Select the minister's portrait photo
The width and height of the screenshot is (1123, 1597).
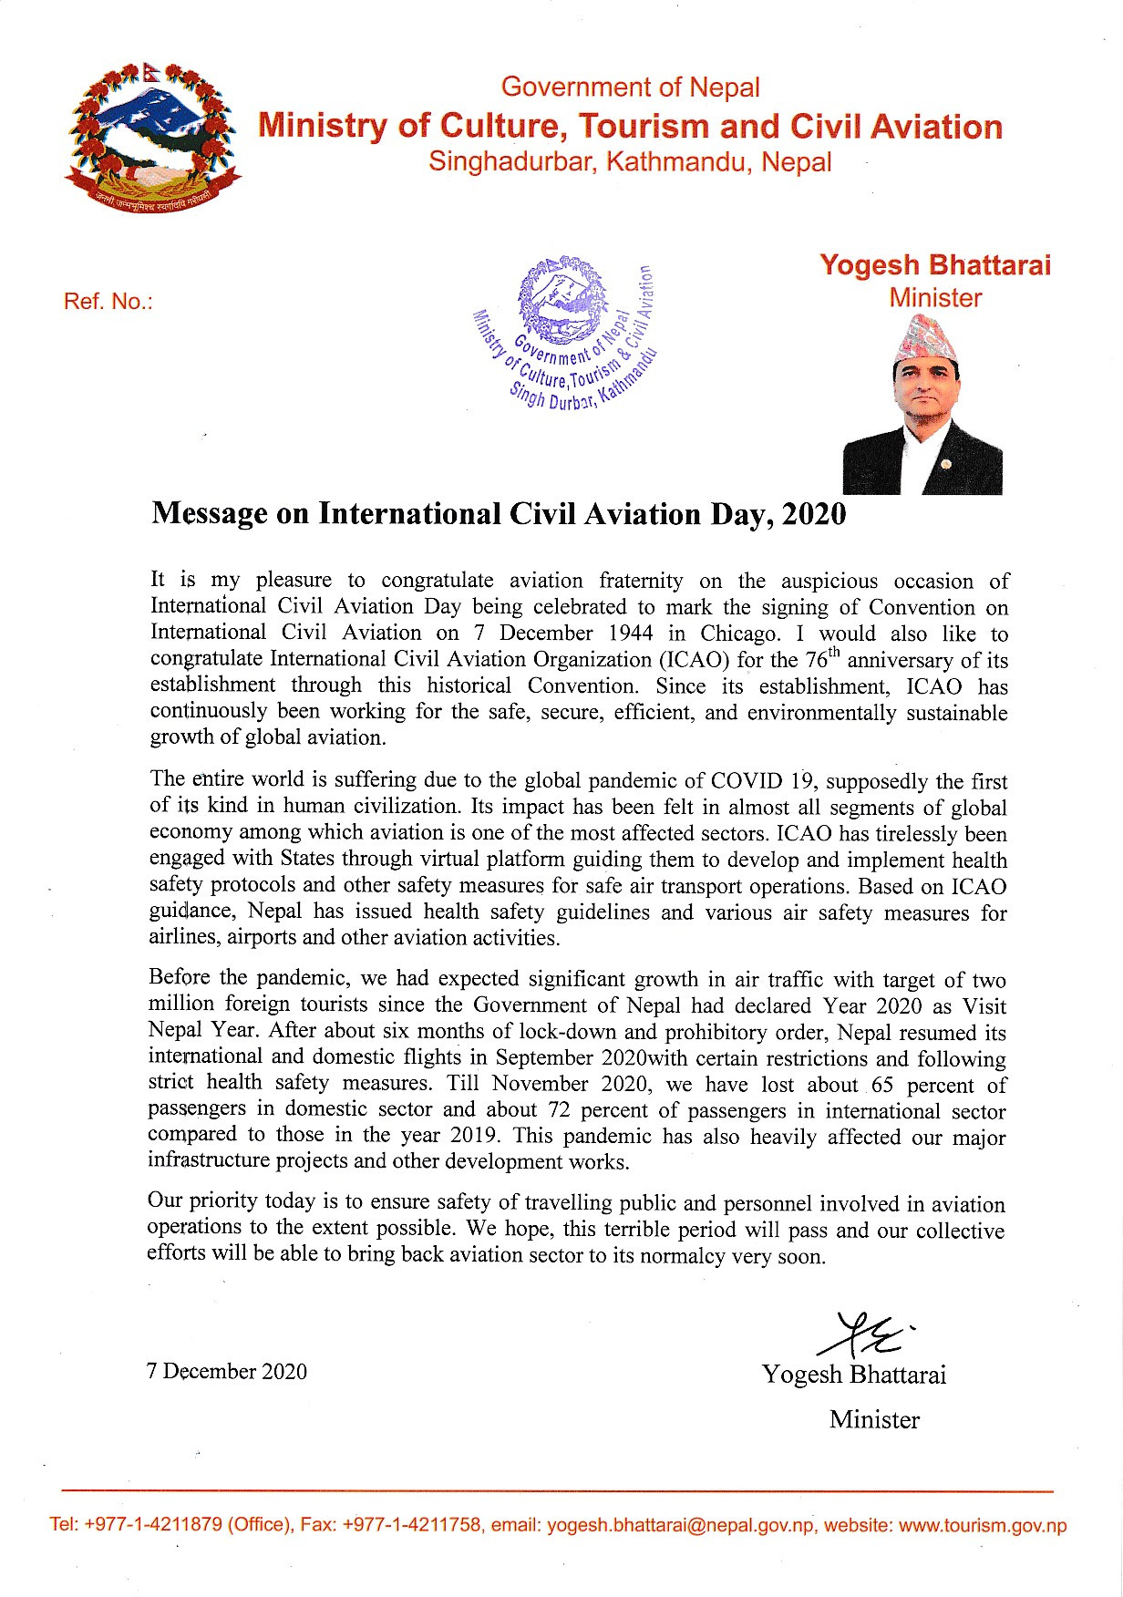click(x=922, y=407)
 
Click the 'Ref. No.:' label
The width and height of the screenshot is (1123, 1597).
click(x=108, y=302)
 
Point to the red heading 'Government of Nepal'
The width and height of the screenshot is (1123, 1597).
click(x=630, y=88)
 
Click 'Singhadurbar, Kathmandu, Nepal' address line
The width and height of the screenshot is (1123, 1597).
click(x=630, y=162)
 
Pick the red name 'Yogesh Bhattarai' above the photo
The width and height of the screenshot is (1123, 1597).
click(x=934, y=265)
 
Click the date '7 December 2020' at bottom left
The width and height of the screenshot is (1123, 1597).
click(x=227, y=1372)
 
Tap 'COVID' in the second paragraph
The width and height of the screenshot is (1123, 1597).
click(x=747, y=781)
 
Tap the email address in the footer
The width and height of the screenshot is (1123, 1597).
click(x=678, y=1526)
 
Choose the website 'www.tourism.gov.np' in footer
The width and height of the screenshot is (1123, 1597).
click(x=982, y=1526)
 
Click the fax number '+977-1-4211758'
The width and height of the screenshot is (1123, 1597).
click(x=411, y=1526)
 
